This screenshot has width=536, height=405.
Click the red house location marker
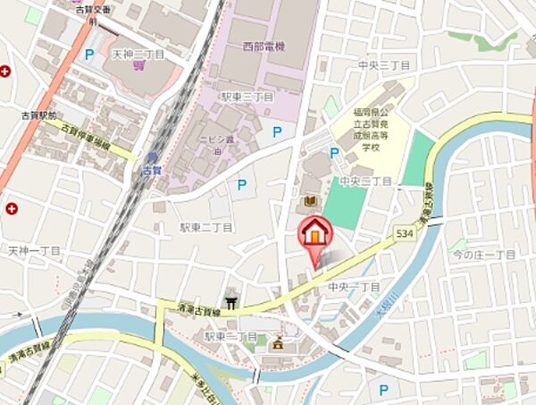coord(314,235)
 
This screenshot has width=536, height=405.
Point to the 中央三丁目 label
coord(382,65)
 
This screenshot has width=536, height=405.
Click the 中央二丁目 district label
coord(366,181)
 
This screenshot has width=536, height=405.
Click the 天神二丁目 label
coord(138,55)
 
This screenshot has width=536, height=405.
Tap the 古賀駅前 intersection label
coord(39,115)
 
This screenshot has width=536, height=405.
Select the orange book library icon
coord(311,203)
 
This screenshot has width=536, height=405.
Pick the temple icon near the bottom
coord(278,342)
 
